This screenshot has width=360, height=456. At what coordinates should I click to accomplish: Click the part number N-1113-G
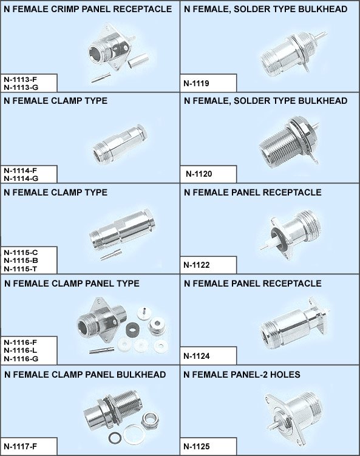pyautogui.click(x=21, y=87)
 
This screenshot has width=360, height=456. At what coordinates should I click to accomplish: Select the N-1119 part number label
pyautogui.click(x=196, y=83)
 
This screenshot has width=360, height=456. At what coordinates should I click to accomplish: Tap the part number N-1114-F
pyautogui.click(x=21, y=171)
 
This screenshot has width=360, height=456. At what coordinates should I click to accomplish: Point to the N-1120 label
pyautogui.click(x=199, y=174)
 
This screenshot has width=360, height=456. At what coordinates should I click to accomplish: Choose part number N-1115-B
pyautogui.click(x=21, y=260)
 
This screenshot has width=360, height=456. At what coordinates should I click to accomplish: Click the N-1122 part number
pyautogui.click(x=196, y=265)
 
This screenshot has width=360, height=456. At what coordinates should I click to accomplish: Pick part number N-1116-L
pyautogui.click(x=21, y=350)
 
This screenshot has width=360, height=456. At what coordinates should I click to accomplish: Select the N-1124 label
pyautogui.click(x=196, y=356)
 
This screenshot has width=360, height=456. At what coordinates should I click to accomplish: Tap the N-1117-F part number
pyautogui.click(x=21, y=446)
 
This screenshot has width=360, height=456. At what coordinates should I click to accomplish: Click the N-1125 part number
pyautogui.click(x=196, y=446)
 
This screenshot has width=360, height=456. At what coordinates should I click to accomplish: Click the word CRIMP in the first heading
pyautogui.click(x=65, y=9)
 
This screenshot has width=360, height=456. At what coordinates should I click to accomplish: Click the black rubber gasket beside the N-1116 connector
pyautogui.click(x=132, y=330)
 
